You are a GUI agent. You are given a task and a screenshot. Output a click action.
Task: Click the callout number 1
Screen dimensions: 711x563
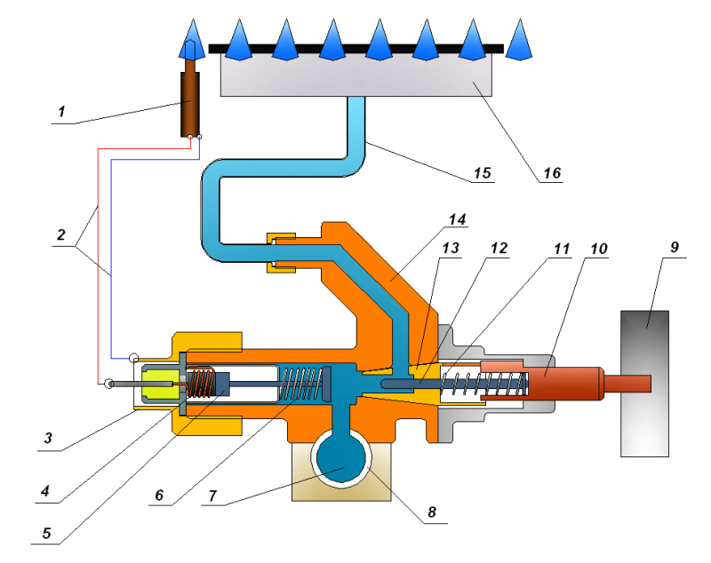click(61, 111)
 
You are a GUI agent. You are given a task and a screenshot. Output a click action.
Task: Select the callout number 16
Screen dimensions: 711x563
click(552, 172)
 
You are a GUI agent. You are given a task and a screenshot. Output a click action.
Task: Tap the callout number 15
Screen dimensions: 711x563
click(483, 172)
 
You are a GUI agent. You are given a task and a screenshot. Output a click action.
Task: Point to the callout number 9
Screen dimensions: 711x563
click(675, 247)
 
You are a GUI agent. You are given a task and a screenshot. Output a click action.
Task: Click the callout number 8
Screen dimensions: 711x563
click(432, 511)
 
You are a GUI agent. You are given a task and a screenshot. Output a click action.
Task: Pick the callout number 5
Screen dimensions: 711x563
click(47, 533)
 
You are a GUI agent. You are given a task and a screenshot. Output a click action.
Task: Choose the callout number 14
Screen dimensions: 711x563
click(457, 219)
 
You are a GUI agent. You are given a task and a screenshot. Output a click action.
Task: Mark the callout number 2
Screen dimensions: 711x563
click(61, 234)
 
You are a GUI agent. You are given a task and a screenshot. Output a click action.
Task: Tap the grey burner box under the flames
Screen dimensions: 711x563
click(356, 74)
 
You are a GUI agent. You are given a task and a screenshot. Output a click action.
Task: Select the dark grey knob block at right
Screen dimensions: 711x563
click(644, 384)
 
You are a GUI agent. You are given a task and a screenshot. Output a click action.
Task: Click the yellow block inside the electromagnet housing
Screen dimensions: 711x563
click(160, 385)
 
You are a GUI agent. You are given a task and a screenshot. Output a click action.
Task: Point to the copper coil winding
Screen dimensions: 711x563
click(201, 384)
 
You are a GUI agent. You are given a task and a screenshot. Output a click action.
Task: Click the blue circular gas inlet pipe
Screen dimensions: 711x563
click(341, 458)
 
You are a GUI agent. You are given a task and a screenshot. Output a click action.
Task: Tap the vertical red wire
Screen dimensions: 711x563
click(98, 266)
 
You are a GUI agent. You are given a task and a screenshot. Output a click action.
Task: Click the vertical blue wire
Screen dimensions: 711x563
click(111, 258)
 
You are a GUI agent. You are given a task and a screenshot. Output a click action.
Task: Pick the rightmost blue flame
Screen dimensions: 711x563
click(519, 41)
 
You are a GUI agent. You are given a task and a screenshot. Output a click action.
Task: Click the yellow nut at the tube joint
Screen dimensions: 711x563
click(281, 253)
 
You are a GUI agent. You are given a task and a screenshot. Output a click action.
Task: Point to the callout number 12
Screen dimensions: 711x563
click(499, 248)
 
